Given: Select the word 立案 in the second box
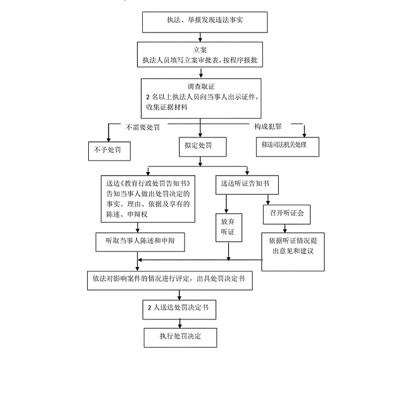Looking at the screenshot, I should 200,50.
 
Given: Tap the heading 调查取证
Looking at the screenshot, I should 200,86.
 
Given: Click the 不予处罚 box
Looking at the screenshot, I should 108,150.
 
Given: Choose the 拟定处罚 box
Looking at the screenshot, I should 199,146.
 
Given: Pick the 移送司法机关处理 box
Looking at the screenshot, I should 288,145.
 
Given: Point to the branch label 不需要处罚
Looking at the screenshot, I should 143,126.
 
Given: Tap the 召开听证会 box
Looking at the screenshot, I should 287,213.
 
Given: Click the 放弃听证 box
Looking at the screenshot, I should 228,227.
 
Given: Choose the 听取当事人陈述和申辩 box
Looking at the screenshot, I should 140,241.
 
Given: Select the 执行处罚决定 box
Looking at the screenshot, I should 180,337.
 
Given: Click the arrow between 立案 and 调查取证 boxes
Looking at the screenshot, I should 200,73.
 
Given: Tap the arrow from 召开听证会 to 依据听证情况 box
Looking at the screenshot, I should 284,228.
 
